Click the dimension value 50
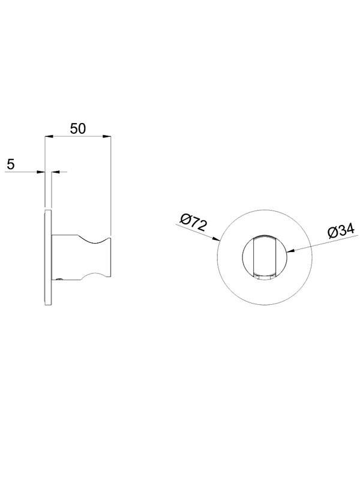tap(78, 129)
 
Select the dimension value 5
tap(11, 164)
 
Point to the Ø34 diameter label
tap(341, 230)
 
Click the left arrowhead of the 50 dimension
tap(49, 137)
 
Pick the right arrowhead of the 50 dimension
tap(107, 137)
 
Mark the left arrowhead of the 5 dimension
tap(41, 172)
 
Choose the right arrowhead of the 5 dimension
tap(55, 172)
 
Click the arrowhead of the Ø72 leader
tap(216, 239)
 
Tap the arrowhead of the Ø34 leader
tap(292, 251)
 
